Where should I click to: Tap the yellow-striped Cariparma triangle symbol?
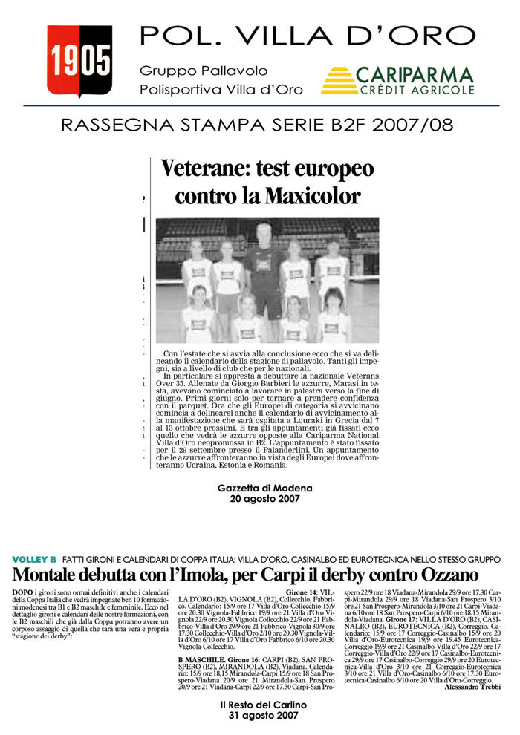tap(338, 80)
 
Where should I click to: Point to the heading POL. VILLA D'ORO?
tap(308, 36)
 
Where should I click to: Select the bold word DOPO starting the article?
tap(23, 591)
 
